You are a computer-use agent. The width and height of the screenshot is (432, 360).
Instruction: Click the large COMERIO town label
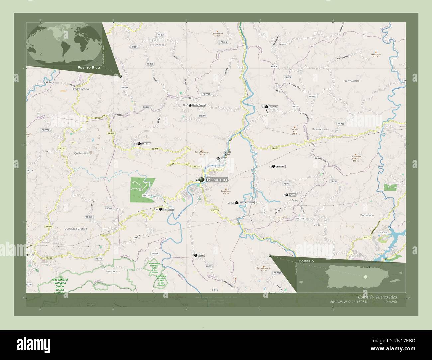pyautogui.click(x=217, y=180)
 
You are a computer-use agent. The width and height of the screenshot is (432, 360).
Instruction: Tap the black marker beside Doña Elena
pyautogui.click(x=190, y=105)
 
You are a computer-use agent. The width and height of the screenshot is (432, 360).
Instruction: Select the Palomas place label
pyautogui.click(x=146, y=144)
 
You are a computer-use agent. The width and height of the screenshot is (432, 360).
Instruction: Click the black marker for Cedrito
pyautogui.click(x=266, y=107)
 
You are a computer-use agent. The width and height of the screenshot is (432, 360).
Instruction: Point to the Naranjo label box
pyautogui.click(x=281, y=166)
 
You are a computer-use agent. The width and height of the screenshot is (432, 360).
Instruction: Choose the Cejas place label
pyautogui.click(x=293, y=195)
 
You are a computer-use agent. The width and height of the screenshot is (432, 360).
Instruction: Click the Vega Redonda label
pyautogui.click(x=247, y=202)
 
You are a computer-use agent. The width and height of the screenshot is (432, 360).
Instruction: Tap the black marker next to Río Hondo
pyautogui.click(x=160, y=209)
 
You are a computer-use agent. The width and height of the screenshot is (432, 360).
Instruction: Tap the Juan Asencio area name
pyautogui.click(x=351, y=81)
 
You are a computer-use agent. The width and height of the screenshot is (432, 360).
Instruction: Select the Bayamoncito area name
pyautogui.click(x=320, y=129)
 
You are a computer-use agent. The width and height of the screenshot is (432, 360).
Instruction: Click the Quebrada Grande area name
pyautogui.click(x=76, y=229)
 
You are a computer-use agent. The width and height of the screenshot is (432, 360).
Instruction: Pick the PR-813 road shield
pyautogui.click(x=161, y=35)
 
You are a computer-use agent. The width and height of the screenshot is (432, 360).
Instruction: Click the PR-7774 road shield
pyautogui.click(x=215, y=210)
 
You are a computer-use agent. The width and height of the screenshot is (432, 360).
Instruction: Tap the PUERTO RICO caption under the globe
pyautogui.click(x=89, y=67)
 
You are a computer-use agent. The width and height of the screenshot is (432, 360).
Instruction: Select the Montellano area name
pyautogui.click(x=367, y=215)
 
